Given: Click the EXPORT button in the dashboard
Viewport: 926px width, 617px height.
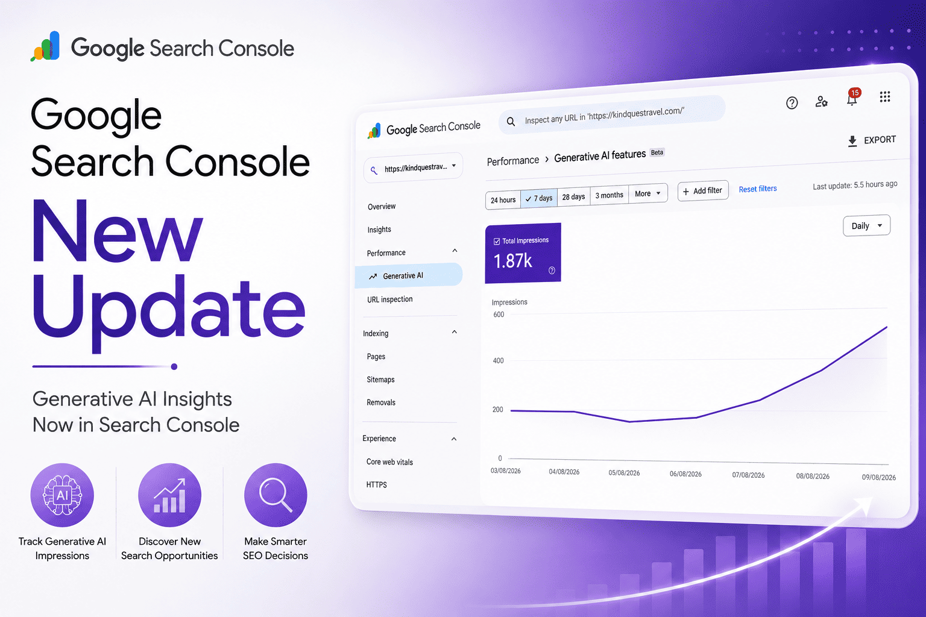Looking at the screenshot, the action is click(x=871, y=140).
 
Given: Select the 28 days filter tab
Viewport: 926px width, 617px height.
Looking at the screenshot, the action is click(x=573, y=196).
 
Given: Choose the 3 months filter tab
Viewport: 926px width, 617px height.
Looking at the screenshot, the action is click(x=609, y=195).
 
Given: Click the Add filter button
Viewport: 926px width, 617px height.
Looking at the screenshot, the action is click(x=703, y=191).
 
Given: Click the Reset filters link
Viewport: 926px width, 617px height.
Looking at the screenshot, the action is click(x=758, y=189).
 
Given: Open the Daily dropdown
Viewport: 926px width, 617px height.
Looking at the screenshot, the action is click(x=866, y=225).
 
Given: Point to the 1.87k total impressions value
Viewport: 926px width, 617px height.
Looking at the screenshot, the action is click(x=512, y=261).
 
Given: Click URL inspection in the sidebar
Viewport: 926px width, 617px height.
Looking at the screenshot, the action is click(x=390, y=299).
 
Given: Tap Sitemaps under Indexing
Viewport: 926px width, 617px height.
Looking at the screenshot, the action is click(x=380, y=380).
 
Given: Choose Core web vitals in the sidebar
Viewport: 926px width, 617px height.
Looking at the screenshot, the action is click(x=389, y=462).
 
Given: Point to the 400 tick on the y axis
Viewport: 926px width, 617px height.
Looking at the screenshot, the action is click(x=498, y=360).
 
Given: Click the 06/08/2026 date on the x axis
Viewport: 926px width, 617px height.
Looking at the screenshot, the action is click(x=685, y=474).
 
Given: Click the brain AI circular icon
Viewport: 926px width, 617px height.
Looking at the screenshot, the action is click(x=63, y=495).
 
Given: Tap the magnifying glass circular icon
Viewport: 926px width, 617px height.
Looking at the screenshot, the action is click(x=276, y=495).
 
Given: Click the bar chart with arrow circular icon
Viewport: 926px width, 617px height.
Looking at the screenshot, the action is click(x=169, y=495).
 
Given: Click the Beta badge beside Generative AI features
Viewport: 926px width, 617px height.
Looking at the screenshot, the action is click(x=657, y=152).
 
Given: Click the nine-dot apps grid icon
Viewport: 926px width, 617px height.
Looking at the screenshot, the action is click(x=884, y=96).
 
